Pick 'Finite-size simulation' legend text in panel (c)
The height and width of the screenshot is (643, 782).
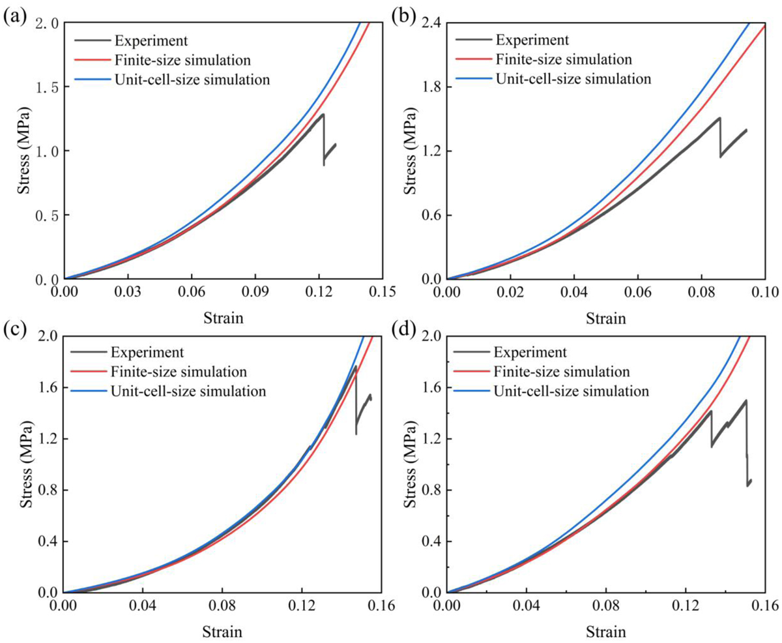click(x=179, y=372)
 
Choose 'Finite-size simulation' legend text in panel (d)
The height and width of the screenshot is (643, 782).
click(x=562, y=372)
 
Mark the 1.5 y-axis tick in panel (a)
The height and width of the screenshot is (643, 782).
click(x=46, y=87)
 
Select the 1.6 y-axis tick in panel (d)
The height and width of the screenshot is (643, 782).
click(x=430, y=388)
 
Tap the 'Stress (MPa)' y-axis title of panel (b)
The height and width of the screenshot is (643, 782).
click(x=410, y=151)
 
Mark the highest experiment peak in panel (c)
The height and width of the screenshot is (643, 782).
click(x=355, y=366)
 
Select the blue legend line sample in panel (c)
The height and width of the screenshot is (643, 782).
click(x=89, y=391)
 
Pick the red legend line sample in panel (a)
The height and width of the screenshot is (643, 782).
click(x=89, y=60)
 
